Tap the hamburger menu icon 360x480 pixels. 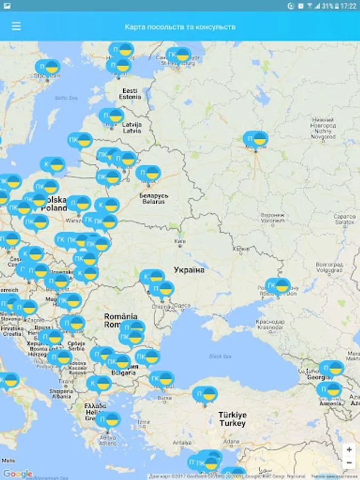tap(16, 26)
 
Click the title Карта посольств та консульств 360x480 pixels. tap(180, 27)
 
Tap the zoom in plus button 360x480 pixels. tap(349, 450)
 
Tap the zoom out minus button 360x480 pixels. tap(349, 462)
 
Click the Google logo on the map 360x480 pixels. tap(18, 474)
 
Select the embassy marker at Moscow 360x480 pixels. tap(255, 140)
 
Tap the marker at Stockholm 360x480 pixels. tap(47, 68)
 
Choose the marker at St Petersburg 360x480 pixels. tap(178, 56)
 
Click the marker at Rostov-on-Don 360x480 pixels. tap(278, 287)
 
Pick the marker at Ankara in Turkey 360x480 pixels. tap(205, 395)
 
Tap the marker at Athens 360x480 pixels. tap(109, 420)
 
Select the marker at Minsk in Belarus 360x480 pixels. tap(148, 173)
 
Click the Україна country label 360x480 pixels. tap(189, 270)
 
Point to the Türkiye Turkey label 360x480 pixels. tap(232, 419)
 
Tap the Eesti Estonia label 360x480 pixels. tap(130, 94)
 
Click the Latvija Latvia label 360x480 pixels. tap(131, 127)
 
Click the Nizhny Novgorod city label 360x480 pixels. tap(323, 128)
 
